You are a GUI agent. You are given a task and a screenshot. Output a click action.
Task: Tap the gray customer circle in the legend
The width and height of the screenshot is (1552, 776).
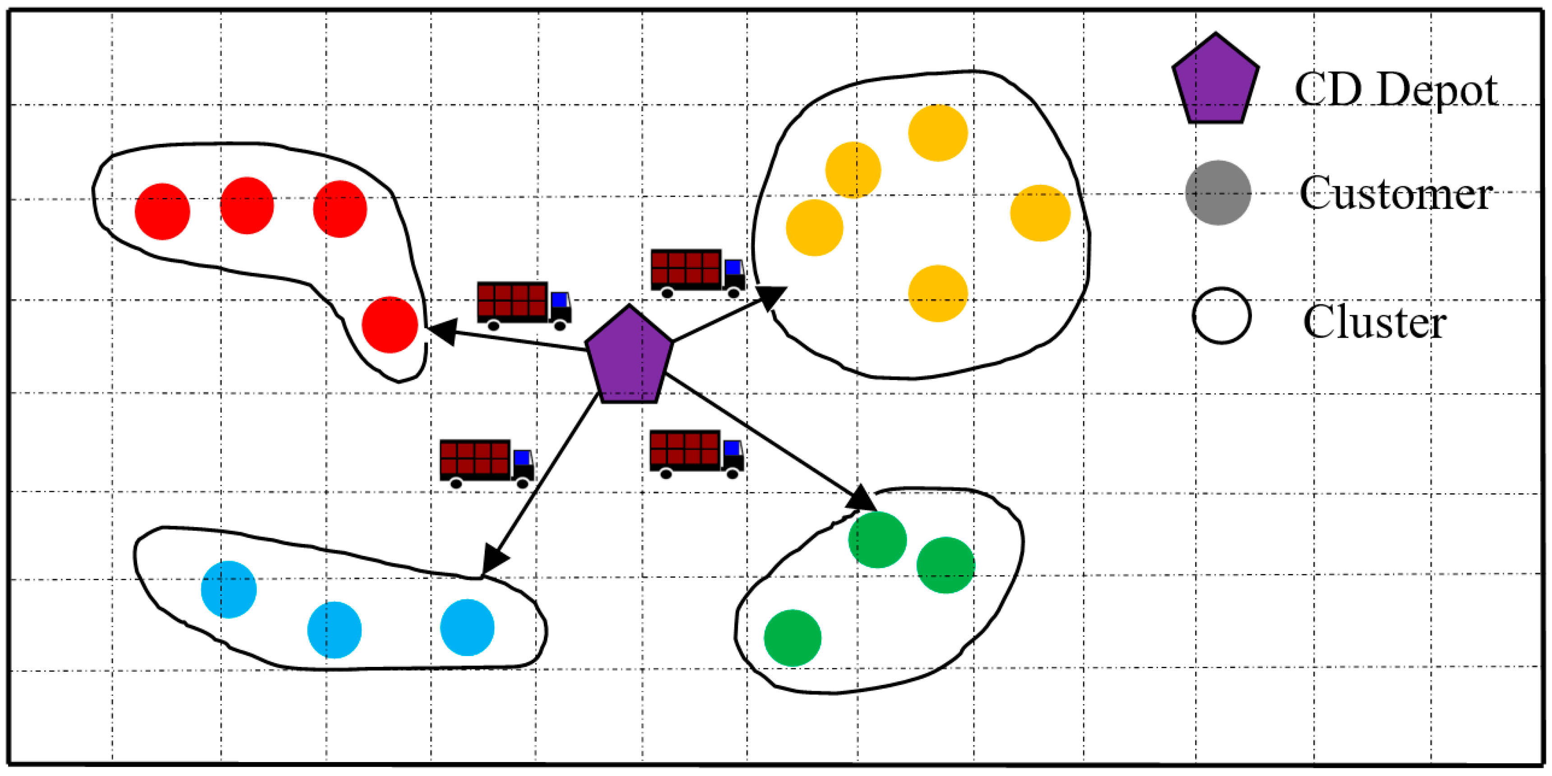coord(1218,193)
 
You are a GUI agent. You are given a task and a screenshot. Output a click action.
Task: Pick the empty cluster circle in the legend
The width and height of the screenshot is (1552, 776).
coord(1221,316)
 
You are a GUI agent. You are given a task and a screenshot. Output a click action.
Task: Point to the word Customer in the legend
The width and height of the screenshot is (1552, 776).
coord(1395,194)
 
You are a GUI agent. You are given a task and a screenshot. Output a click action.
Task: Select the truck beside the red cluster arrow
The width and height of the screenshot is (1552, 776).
coord(524,305)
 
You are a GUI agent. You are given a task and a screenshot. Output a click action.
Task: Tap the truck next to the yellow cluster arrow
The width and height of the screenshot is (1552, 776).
coord(698,273)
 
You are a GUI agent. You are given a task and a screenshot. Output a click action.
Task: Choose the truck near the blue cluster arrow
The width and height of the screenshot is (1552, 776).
coord(486,463)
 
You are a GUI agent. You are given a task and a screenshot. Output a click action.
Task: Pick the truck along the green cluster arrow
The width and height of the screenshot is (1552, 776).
coord(696,453)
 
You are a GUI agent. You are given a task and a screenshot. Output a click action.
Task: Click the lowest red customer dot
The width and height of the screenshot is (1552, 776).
coord(390,325)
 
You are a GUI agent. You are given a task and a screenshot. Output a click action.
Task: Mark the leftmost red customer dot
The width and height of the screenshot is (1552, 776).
coord(162,211)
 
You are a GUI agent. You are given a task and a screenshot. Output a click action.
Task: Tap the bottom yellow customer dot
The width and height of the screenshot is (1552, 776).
coord(937,293)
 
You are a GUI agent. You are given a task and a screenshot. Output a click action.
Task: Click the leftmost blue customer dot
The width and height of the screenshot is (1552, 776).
coord(228,589)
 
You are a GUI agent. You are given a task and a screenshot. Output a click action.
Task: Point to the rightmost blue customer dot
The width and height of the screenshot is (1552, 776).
coord(467,627)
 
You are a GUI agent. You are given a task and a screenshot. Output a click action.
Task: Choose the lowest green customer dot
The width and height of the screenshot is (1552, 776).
coord(792,638)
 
